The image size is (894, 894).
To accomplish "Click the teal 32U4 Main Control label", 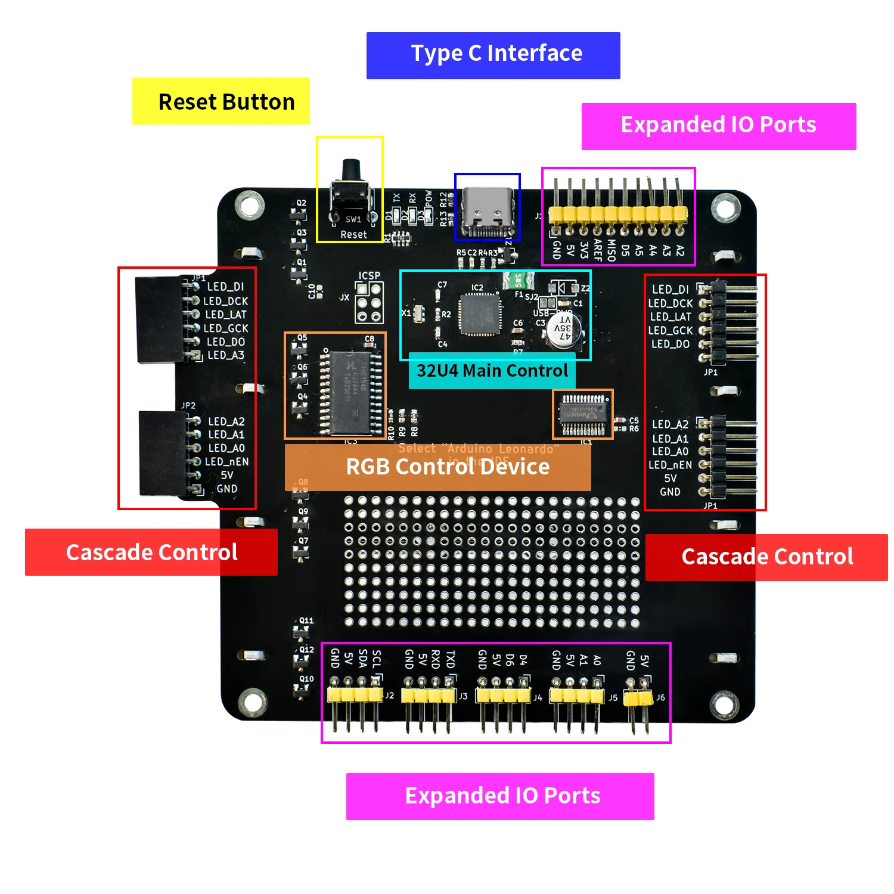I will tap(492, 371).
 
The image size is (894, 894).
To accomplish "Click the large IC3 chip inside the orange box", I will tap(350, 392).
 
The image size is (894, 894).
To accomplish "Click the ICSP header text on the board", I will tap(370, 276).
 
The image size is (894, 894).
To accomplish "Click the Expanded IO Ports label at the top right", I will tap(719, 126).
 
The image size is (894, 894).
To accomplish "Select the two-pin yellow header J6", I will tap(637, 697).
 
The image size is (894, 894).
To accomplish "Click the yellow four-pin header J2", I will tap(355, 694).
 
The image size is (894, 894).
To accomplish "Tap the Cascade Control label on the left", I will tap(151, 552).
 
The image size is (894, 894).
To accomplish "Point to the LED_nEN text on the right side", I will tap(670, 465).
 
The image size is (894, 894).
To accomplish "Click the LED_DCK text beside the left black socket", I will tap(226, 301).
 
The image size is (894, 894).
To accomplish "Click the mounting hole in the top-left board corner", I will tap(249, 206).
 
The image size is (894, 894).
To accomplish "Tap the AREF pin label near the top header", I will tap(598, 251).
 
